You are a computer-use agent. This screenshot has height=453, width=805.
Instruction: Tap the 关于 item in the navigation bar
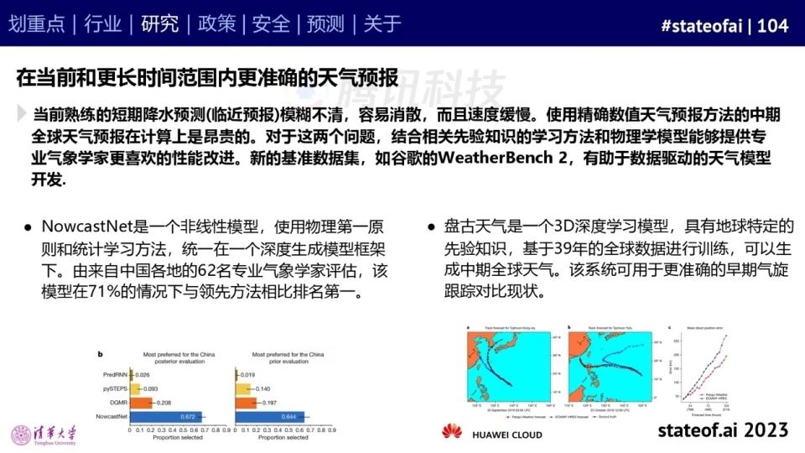pos(382,24)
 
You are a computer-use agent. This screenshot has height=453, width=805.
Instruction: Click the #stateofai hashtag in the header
pos(703,26)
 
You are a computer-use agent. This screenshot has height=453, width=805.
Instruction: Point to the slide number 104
pos(773,26)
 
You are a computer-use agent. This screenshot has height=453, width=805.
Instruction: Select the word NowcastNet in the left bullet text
pos(82,227)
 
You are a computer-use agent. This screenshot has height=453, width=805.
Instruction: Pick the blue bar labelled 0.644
pos(270,416)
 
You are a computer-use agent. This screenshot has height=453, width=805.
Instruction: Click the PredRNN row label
pos(113,375)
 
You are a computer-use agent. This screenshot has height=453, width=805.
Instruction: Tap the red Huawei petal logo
pos(452,432)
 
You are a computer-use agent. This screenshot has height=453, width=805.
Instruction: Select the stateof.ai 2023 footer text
pos(723,430)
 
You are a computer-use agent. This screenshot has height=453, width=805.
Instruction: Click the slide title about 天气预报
pos(206,77)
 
